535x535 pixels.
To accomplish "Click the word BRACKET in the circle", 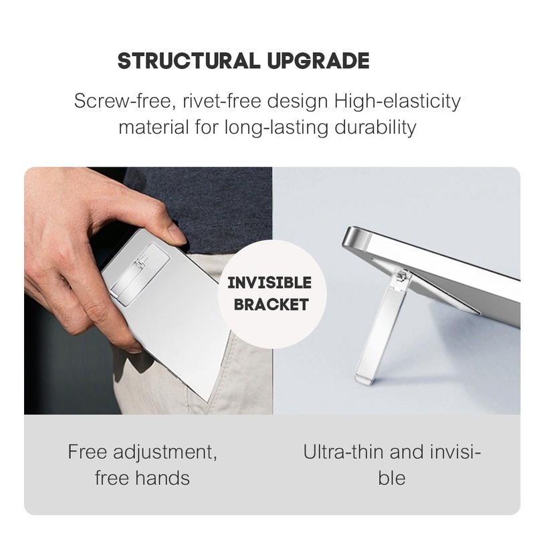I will pyautogui.click(x=270, y=304).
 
